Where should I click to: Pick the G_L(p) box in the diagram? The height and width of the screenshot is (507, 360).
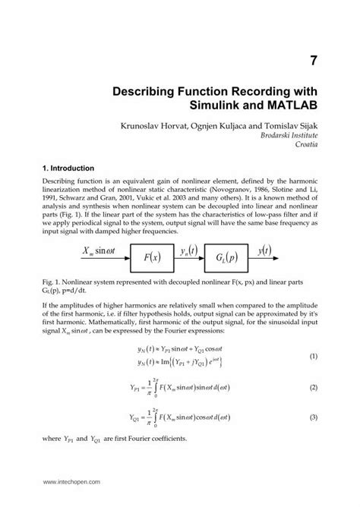[227, 257]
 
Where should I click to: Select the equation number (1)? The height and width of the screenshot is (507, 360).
[312, 356]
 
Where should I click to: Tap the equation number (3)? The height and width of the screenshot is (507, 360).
[312, 418]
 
